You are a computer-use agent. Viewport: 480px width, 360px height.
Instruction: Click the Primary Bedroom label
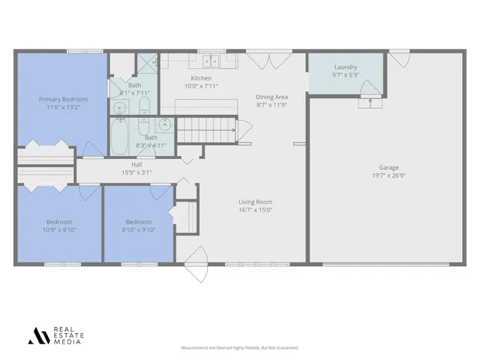pyautogui.click(x=64, y=100)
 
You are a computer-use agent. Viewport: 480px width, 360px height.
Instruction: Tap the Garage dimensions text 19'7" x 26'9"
pyautogui.click(x=388, y=175)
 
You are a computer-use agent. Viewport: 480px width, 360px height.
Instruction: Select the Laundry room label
pyautogui.click(x=345, y=67)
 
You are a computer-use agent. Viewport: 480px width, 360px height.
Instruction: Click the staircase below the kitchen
pyautogui.click(x=206, y=132)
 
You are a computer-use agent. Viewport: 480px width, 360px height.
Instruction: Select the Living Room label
pyautogui.click(x=255, y=202)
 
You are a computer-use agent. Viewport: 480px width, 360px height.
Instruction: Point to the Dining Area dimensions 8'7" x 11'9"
pyautogui.click(x=271, y=105)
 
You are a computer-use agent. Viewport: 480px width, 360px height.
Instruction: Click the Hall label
pyautogui.click(x=136, y=164)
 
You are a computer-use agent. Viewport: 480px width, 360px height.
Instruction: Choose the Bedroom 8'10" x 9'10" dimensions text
pyautogui.click(x=138, y=230)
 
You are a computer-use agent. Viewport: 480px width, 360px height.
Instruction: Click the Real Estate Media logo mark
pyautogui.click(x=38, y=336)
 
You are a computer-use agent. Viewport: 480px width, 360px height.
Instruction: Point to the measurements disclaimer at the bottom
pyautogui.click(x=240, y=348)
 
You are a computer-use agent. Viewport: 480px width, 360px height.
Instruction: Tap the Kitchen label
pyautogui.click(x=201, y=78)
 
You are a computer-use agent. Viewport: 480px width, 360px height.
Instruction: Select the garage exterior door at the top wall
pyautogui.click(x=399, y=57)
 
